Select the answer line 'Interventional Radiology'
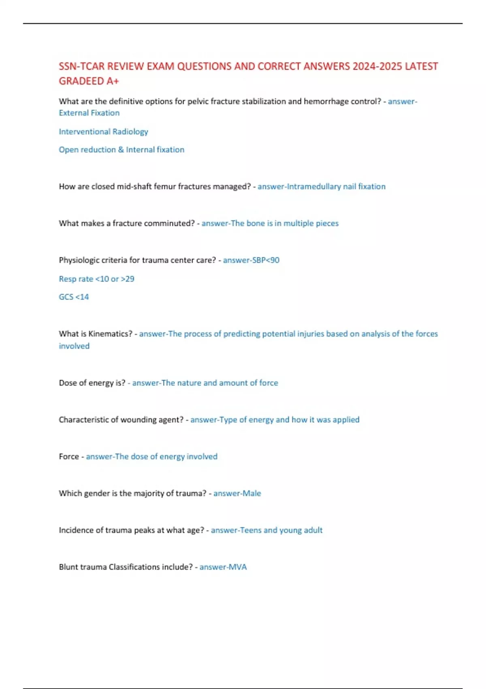103,132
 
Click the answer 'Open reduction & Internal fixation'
122,150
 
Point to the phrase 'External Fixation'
89,113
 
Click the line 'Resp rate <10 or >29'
96,279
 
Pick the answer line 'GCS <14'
74,297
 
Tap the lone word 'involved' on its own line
74,346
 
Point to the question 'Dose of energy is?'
92,383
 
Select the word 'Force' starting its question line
69,457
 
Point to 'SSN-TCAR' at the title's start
81,66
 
